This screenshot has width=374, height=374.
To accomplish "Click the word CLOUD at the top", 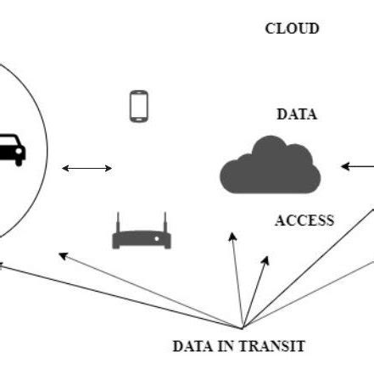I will tap(292, 29).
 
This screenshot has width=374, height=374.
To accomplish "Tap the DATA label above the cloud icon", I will tap(297, 114).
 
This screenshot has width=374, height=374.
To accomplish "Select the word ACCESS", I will tap(304, 220).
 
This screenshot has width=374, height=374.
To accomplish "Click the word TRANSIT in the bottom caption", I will tap(273, 346).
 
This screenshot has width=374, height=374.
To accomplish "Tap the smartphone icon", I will tap(139, 106).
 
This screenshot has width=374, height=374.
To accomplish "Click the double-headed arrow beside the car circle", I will tap(87, 169).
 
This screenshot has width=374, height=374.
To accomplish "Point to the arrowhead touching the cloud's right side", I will tap(343, 166).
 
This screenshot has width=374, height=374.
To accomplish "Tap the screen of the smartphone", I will tap(139, 106).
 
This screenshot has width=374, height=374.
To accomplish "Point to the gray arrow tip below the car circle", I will tap(59, 252).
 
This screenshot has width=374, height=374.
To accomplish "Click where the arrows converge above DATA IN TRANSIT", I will tap(243, 327).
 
